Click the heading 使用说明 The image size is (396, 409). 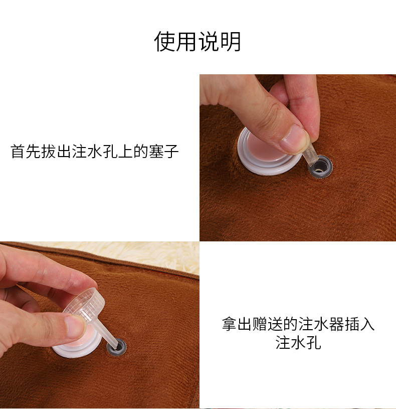pyautogui.click(x=197, y=41)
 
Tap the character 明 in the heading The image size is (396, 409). pyautogui.click(x=231, y=41)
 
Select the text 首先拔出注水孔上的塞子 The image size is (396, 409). pyautogui.click(x=95, y=152)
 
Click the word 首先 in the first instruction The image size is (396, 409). pyautogui.click(x=25, y=152)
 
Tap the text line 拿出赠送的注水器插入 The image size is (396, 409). pyautogui.click(x=298, y=324)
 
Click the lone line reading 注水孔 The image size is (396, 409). pyautogui.click(x=298, y=343)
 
